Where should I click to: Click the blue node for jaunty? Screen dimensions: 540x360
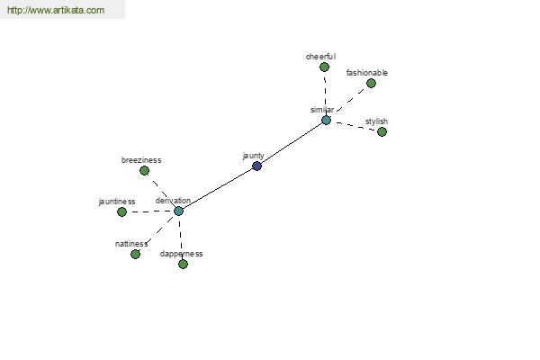(256, 166)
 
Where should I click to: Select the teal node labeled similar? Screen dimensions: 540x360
(326, 121)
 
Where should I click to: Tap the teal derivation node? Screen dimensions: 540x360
(178, 211)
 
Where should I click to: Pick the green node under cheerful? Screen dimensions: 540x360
(324, 67)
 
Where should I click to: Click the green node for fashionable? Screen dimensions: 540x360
(371, 83)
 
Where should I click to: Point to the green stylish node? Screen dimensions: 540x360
(382, 131)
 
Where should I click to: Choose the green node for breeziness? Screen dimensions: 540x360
(144, 170)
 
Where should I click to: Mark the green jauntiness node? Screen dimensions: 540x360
(121, 211)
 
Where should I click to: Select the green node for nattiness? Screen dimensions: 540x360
(135, 254)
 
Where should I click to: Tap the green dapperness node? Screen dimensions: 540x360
(183, 265)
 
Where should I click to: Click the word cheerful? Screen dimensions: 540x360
(320, 57)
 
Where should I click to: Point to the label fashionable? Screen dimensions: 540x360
(367, 73)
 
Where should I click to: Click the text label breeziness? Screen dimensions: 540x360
(141, 160)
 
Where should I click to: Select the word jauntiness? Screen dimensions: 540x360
(117, 202)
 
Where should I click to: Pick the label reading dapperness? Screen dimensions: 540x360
(182, 254)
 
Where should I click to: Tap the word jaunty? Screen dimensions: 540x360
(254, 156)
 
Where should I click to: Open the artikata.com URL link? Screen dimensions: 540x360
(56, 10)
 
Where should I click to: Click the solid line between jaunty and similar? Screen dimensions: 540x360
(292, 143)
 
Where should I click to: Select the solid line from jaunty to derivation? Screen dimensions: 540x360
(218, 189)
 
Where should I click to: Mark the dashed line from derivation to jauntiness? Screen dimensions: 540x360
(150, 211)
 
